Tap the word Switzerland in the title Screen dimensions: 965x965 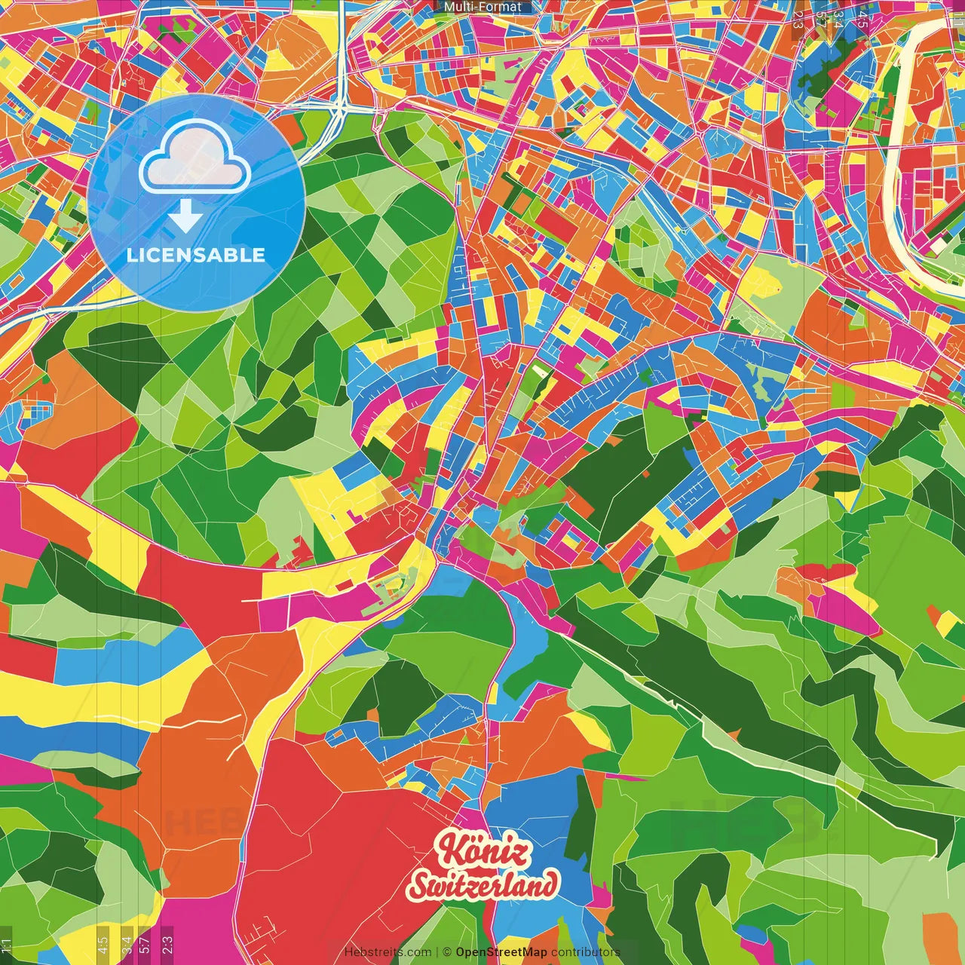(x=483, y=885)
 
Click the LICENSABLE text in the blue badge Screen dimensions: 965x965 (x=196, y=255)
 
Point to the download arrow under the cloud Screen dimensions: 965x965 (x=185, y=217)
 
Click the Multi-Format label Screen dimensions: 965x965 (x=482, y=7)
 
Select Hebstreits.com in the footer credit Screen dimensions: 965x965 (x=388, y=952)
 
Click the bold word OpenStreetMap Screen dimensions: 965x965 (x=501, y=952)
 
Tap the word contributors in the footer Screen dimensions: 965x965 (x=585, y=952)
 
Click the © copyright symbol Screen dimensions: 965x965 (x=447, y=952)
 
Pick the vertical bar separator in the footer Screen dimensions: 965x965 (x=437, y=952)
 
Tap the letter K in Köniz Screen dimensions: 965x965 (x=449, y=850)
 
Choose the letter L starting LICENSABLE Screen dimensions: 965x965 (x=132, y=255)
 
